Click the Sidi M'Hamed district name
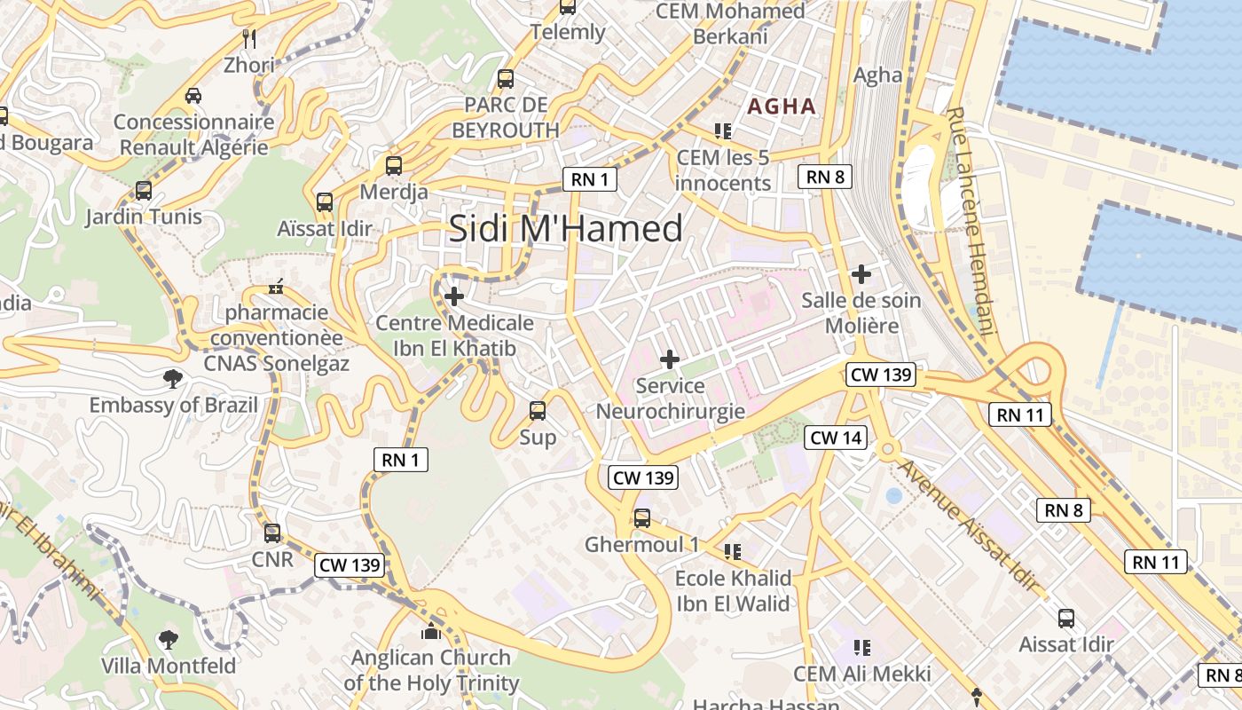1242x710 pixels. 565,229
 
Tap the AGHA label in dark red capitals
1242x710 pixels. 782,106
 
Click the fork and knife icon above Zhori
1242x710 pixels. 249,38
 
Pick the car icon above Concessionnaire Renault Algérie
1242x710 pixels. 193,95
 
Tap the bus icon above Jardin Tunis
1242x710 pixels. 143,191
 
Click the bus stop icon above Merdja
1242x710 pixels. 393,166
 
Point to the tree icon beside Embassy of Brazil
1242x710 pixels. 172,380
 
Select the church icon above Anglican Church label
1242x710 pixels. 430,632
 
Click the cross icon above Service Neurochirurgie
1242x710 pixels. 670,359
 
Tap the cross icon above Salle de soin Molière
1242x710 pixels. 861,274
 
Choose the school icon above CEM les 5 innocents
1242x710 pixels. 722,131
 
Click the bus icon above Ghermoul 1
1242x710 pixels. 641,517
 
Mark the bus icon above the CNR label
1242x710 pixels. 271,533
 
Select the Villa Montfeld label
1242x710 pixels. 169,666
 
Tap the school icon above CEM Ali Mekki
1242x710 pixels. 861,648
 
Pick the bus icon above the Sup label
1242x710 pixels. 537,411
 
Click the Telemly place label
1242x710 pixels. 568,33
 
